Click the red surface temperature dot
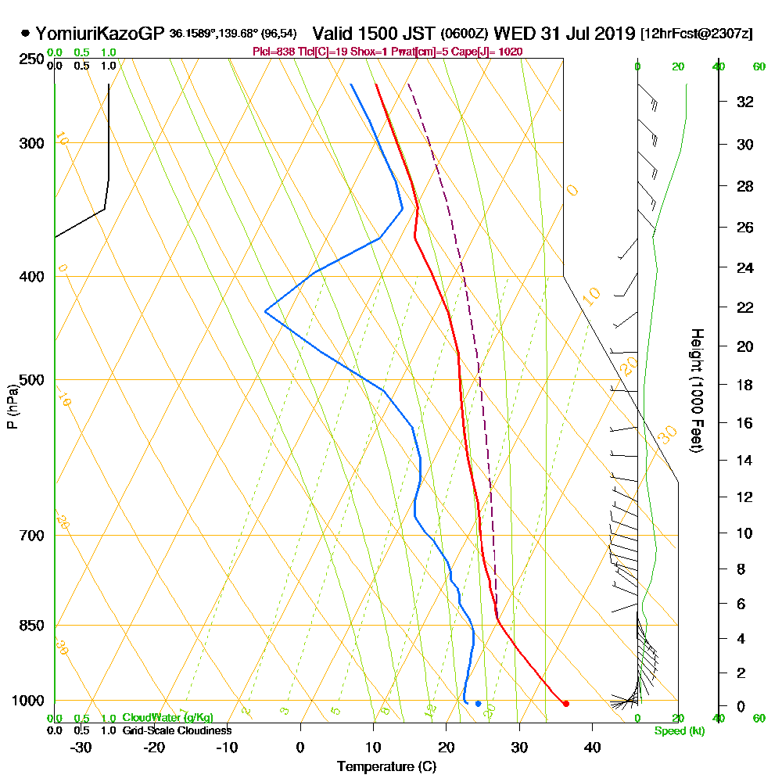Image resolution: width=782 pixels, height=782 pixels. tap(566, 704)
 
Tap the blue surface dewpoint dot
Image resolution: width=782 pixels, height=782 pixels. tap(479, 704)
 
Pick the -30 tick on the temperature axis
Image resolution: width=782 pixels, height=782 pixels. tap(81, 747)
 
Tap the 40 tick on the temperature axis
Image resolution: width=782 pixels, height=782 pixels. tap(592, 747)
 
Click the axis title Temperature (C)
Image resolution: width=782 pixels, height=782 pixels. tap(386, 767)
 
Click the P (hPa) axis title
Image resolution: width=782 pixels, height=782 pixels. tap(12, 407)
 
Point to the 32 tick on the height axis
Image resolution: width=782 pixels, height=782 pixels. tap(745, 102)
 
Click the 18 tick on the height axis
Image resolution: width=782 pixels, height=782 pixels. tap(745, 385)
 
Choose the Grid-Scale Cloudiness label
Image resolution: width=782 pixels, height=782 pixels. tap(176, 730)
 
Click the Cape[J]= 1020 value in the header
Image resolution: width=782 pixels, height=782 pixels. tap(494, 52)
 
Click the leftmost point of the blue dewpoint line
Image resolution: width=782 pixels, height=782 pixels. tap(266, 311)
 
